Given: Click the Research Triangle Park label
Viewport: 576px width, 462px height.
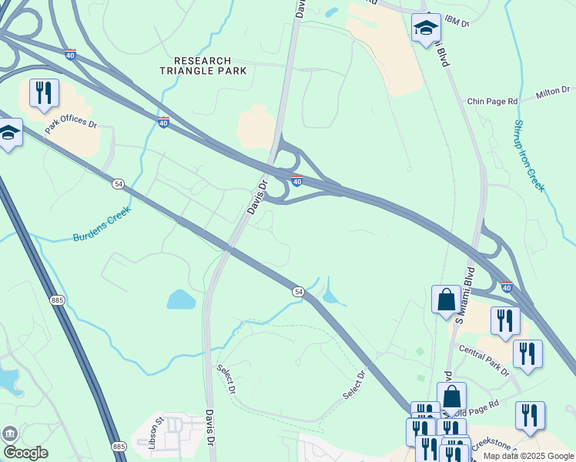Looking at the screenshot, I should tap(203, 65).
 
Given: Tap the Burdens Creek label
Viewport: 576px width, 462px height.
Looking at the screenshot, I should tap(102, 223).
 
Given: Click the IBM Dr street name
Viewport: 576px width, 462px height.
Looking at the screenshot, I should tap(457, 22).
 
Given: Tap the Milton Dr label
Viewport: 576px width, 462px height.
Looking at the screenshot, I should tap(554, 92).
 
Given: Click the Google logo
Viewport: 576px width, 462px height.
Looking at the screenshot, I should tap(25, 453).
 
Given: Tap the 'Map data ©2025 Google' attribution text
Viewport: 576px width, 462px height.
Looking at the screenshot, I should tap(528, 456).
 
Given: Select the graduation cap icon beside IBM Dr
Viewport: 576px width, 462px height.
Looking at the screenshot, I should tap(426, 28).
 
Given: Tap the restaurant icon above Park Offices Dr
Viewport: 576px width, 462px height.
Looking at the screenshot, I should tap(44, 93).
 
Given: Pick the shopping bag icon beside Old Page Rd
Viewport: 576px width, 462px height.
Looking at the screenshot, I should tap(451, 397).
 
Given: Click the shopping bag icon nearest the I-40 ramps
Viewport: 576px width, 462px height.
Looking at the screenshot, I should tap(446, 300).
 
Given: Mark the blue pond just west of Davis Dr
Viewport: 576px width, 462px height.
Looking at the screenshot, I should tap(180, 300).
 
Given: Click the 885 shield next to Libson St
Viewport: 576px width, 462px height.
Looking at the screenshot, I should tap(119, 447).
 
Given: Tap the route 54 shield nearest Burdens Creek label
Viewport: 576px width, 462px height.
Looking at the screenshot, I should tap(119, 184).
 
